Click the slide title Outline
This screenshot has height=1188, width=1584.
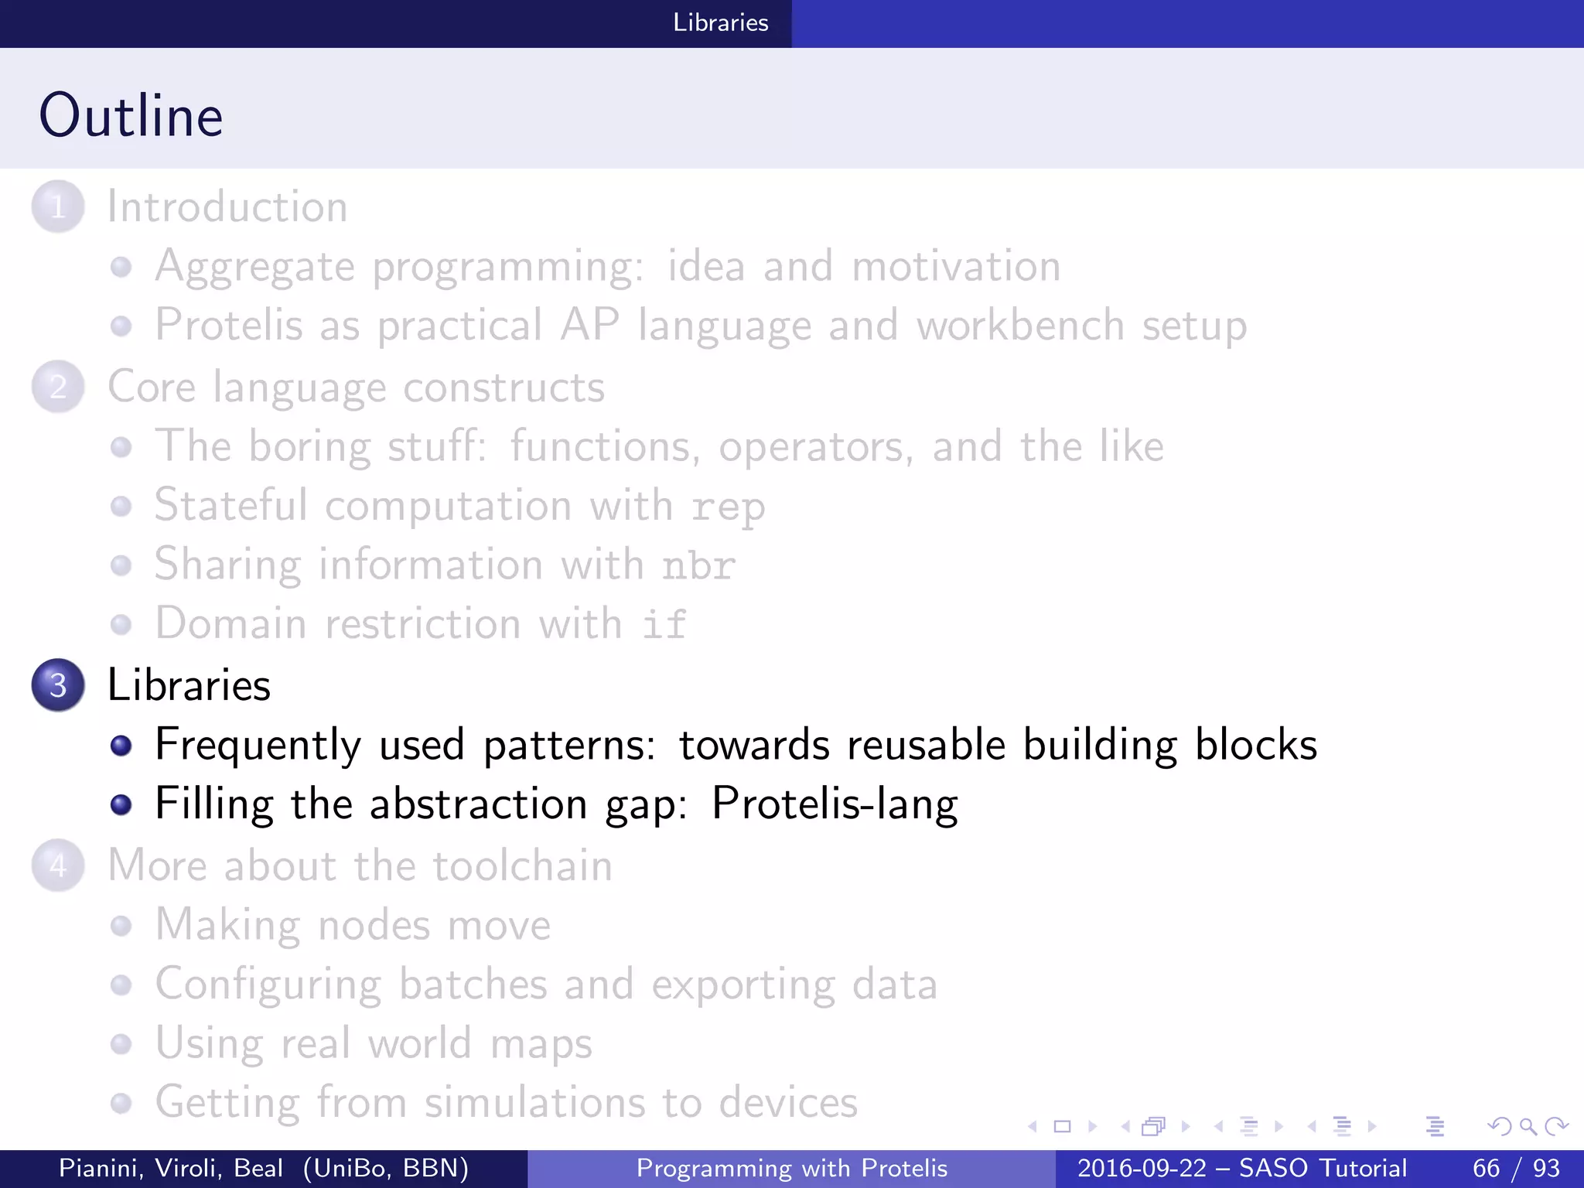pos(131,115)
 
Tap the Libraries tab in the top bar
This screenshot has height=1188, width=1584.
pos(720,22)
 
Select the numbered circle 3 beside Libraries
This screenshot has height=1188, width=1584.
pos(58,685)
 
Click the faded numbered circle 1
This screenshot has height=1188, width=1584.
pos(58,207)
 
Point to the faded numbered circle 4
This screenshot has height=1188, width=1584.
pos(58,865)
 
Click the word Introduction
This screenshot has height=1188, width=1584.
pos(227,207)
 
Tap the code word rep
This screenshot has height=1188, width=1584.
pos(728,507)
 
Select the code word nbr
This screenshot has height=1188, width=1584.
pos(698,565)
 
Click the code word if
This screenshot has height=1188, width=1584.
pos(664,624)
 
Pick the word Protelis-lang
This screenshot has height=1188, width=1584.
pos(835,804)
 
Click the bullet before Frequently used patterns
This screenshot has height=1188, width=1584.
pos(121,746)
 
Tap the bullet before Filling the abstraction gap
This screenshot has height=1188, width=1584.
pos(121,805)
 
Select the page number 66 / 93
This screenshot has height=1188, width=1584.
pos(1516,1168)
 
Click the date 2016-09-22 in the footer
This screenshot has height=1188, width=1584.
pos(1142,1168)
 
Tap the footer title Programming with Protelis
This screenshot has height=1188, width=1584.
pos(791,1168)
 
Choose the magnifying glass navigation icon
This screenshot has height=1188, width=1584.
pos(1528,1126)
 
